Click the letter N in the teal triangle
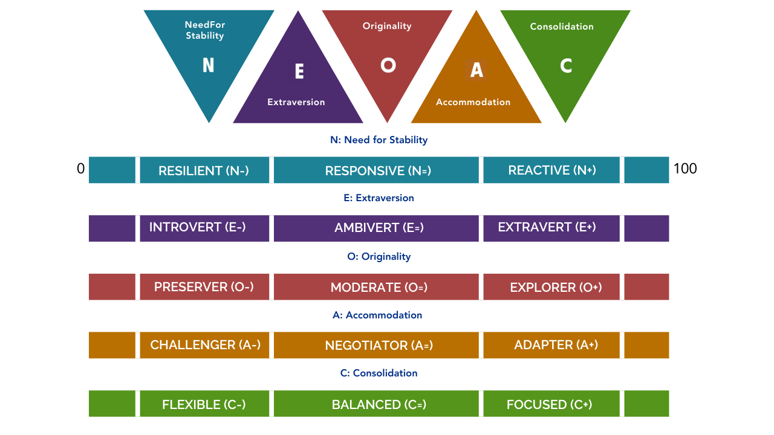(x=208, y=65)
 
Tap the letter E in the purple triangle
(x=299, y=71)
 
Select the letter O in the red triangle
(x=388, y=65)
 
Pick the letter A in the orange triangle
(x=476, y=71)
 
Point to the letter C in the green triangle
(x=566, y=65)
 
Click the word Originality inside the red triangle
(x=387, y=26)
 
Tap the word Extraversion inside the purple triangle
(x=296, y=102)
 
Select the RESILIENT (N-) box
(x=204, y=170)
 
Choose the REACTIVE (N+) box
(x=551, y=170)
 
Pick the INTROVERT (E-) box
(x=204, y=228)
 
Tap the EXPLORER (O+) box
(x=551, y=287)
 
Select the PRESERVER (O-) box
(x=204, y=287)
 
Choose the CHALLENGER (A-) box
(x=204, y=345)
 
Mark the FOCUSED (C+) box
(x=551, y=404)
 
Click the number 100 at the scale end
(x=685, y=169)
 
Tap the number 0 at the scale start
(x=80, y=169)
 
